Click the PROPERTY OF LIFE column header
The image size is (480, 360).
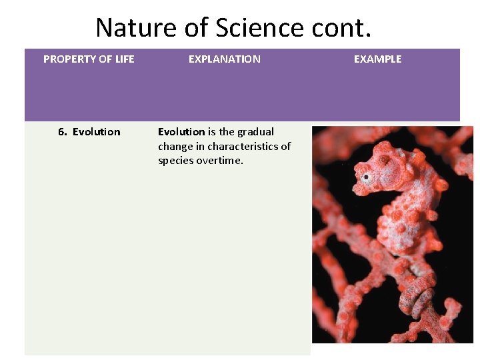click(89, 59)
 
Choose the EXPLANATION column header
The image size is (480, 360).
click(225, 59)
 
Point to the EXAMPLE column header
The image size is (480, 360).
click(377, 59)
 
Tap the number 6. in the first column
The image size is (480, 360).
click(63, 132)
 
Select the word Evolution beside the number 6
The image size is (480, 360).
click(97, 132)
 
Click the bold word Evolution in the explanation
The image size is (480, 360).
click(181, 132)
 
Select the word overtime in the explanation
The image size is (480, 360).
click(220, 161)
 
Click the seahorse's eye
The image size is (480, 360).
click(366, 177)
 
